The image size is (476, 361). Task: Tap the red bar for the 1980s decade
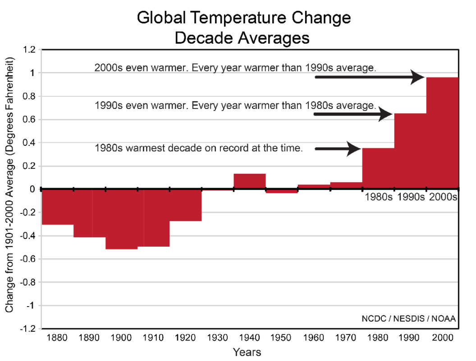click(x=378, y=168)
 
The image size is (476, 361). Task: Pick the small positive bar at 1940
click(x=249, y=181)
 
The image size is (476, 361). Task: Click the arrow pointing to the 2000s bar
click(x=370, y=77)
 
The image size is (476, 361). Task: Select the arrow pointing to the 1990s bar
click(x=353, y=114)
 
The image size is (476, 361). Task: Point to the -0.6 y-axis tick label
click(x=28, y=259)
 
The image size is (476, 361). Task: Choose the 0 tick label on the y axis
click(x=32, y=189)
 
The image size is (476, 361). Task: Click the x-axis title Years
click(x=247, y=352)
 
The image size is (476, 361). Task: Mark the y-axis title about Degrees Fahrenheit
click(x=10, y=185)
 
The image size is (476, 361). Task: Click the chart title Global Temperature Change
click(x=243, y=18)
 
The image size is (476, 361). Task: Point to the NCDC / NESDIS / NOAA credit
click(x=408, y=318)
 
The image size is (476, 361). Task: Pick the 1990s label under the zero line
click(x=411, y=197)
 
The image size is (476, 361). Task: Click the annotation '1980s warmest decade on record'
click(x=198, y=148)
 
